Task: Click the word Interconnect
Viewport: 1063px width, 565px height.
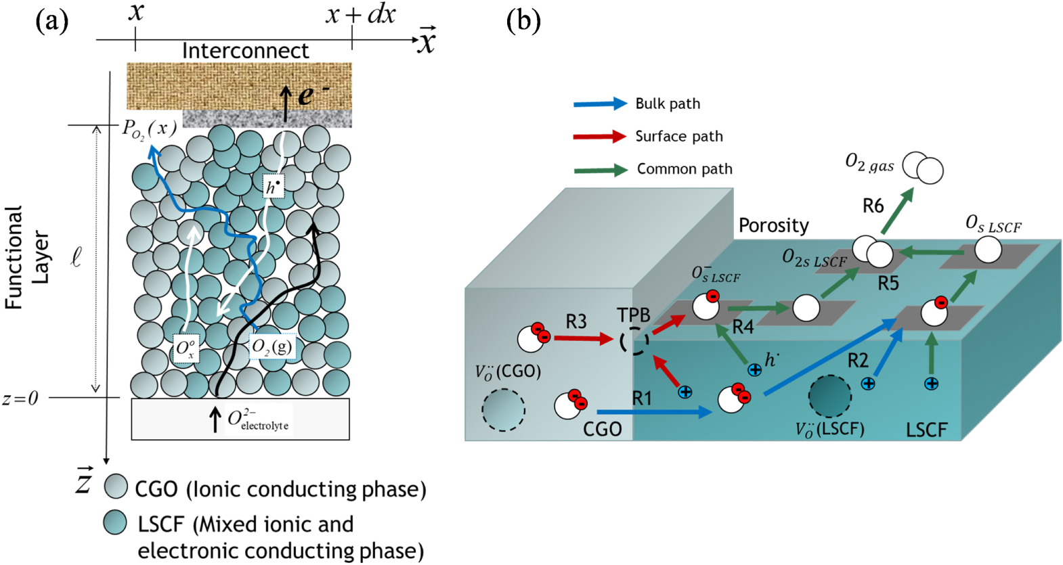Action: coord(245,51)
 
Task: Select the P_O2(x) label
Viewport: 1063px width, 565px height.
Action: coord(150,128)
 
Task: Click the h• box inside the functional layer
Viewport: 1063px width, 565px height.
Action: coord(273,187)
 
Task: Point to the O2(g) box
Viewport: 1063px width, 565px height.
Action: coord(272,347)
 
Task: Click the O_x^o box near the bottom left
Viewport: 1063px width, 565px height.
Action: coord(186,348)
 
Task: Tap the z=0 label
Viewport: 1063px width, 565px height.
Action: coord(20,399)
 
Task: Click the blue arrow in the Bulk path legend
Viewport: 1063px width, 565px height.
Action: coord(600,104)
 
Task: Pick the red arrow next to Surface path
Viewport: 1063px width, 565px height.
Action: coord(600,137)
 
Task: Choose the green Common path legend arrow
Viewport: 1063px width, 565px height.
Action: coord(600,170)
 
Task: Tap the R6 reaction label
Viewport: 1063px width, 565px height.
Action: coord(873,206)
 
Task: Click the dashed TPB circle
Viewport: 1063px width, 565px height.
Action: coord(634,340)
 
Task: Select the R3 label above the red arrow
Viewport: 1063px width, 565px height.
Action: coord(576,322)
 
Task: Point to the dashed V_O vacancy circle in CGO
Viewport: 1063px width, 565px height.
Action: coord(503,409)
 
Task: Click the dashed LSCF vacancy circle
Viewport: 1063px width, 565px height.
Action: coord(829,397)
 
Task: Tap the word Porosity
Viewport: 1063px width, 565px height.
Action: coord(773,225)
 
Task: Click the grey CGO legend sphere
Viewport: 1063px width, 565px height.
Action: coord(116,487)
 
